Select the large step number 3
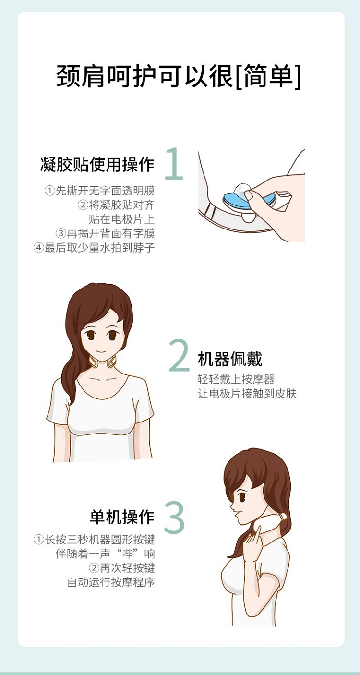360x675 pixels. [174, 518]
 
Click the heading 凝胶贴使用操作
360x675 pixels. [97, 165]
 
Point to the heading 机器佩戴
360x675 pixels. [230, 359]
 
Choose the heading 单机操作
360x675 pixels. [122, 517]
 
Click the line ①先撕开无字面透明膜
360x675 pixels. [100, 191]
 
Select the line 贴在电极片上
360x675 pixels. [122, 219]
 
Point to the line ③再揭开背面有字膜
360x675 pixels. [105, 233]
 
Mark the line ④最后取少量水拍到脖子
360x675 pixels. [94, 248]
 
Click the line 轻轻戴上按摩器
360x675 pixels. [236, 379]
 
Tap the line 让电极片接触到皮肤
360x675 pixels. [247, 394]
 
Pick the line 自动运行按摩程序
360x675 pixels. [111, 582]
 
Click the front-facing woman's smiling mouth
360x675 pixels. [101, 351]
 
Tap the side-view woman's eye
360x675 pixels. [242, 496]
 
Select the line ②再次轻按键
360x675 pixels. [122, 568]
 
